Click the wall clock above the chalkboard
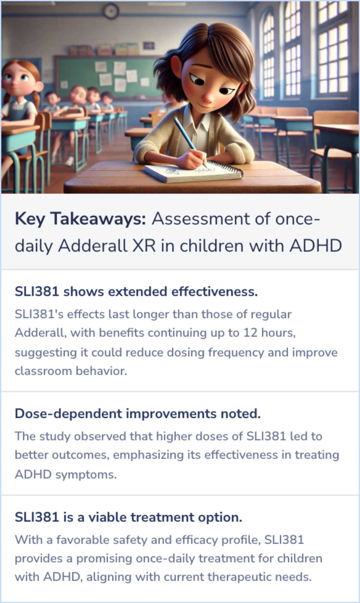click(111, 11)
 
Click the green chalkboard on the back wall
click(107, 77)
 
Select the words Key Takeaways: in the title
click(80, 219)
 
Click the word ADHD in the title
click(315, 246)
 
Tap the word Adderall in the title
click(93, 246)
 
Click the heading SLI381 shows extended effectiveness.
click(136, 292)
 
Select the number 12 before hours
click(250, 333)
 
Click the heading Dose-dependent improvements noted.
click(138, 414)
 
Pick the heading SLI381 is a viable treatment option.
click(128, 517)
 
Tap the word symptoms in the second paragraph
click(86, 474)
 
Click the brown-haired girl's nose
click(207, 98)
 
